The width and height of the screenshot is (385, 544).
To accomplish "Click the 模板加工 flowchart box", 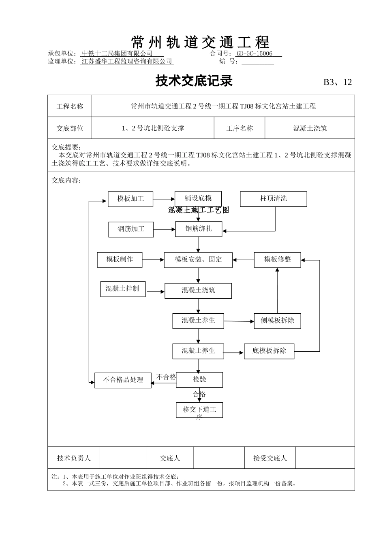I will click(130, 199).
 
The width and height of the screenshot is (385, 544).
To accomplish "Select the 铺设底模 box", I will click(198, 198).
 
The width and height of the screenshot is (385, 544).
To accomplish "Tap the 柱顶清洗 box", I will click(274, 199).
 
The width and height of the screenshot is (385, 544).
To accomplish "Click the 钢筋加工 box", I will click(131, 229).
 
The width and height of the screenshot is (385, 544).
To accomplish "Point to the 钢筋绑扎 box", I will click(199, 229).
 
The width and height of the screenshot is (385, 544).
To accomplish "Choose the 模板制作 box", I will click(120, 259).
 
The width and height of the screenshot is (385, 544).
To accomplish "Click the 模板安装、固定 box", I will click(198, 260).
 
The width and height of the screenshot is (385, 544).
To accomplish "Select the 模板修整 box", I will click(277, 259).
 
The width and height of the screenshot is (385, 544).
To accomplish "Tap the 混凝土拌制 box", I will click(123, 289).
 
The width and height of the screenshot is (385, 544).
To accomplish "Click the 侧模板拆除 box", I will click(277, 321).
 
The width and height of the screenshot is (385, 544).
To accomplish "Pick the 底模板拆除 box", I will click(269, 351).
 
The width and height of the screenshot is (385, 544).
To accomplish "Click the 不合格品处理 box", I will click(123, 380).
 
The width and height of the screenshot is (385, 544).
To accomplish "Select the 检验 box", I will click(199, 380).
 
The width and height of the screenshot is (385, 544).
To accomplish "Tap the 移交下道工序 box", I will click(199, 410).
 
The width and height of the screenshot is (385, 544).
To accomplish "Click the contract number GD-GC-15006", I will click(255, 53).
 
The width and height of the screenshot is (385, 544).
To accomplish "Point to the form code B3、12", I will click(337, 82).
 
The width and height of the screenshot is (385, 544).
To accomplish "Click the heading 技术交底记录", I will click(194, 81).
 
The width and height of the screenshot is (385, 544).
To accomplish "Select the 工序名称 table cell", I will click(239, 128).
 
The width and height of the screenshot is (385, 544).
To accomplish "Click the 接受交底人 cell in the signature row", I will click(270, 458).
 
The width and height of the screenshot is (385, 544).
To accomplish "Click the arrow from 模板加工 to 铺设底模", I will click(164, 199).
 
